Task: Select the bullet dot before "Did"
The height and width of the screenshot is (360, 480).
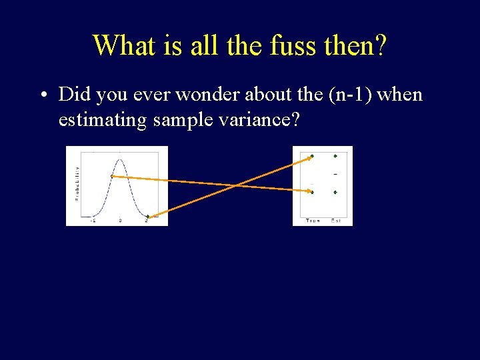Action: (x=42, y=95)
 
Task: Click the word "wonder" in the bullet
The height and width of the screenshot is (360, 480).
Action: (x=225, y=95)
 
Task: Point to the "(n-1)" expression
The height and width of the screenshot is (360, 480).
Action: (x=351, y=95)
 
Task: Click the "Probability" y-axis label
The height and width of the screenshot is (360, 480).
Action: (x=77, y=183)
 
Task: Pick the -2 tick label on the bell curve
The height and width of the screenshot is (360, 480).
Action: (x=94, y=219)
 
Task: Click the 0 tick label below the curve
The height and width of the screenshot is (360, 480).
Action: (x=120, y=219)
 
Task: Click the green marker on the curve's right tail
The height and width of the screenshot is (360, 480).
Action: (x=148, y=216)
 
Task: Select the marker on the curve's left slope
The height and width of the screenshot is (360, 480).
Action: (x=112, y=176)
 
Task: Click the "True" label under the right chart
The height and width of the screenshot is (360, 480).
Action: (x=312, y=220)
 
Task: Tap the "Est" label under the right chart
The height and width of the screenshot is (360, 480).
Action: (x=336, y=220)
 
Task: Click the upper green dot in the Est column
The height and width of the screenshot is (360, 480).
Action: (x=335, y=157)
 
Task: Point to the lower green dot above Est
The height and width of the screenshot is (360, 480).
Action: (x=335, y=192)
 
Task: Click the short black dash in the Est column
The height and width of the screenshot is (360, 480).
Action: (x=335, y=175)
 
